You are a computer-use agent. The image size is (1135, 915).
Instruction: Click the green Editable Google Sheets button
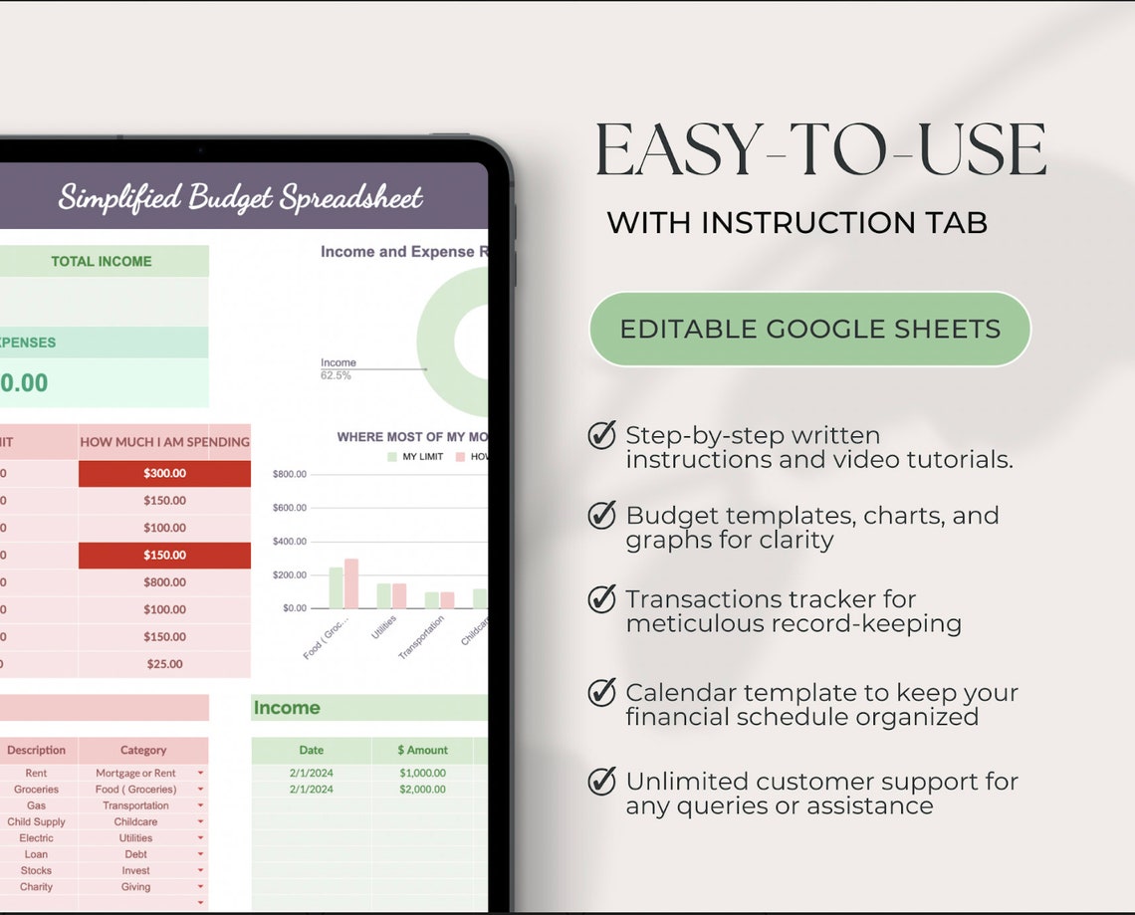pos(809,329)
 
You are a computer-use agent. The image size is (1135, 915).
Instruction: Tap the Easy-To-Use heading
pos(820,151)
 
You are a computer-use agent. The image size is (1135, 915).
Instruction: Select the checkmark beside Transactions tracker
pos(601,599)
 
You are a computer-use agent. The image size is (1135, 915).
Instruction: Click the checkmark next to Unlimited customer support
pos(601,782)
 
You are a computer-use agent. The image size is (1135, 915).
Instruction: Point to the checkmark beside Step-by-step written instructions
pos(601,435)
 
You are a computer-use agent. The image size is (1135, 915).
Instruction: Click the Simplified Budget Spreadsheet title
pos(240,196)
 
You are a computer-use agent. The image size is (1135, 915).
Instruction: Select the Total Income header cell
pos(102,261)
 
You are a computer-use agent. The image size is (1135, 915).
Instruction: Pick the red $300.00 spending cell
pos(164,473)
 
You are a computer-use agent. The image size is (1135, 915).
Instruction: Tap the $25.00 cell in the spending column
pos(164,664)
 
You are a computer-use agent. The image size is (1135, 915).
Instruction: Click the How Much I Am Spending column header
pos(164,441)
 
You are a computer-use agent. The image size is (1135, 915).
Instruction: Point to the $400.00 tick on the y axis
pos(289,542)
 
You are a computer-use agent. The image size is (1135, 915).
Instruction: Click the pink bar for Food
pos(350,583)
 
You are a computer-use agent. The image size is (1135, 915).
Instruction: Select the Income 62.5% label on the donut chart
pos(338,368)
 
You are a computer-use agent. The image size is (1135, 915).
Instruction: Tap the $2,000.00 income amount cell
pos(422,789)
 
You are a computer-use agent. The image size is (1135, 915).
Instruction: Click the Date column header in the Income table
pos(312,750)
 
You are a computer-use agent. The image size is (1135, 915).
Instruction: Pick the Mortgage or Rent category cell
pos(136,773)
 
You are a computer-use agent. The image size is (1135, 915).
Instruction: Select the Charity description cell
pos(37,886)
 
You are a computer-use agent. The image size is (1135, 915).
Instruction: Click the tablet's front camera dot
pos(200,150)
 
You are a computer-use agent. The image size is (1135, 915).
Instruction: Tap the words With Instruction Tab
pos(796,223)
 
